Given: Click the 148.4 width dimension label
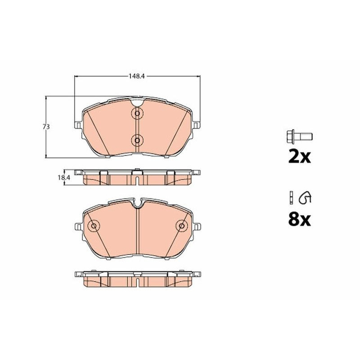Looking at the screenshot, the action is click(136, 76).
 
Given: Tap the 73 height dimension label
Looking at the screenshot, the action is click(46, 126).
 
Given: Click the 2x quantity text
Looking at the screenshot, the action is click(299, 157).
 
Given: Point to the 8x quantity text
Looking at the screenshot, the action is click(299, 220).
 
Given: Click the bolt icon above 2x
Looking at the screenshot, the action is click(299, 137).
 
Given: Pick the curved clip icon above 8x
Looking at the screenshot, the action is click(305, 198).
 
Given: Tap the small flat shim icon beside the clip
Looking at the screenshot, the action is click(291, 197).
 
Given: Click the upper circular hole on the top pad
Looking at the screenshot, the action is click(137, 113).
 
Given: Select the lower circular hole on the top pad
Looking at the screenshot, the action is click(137, 140).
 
